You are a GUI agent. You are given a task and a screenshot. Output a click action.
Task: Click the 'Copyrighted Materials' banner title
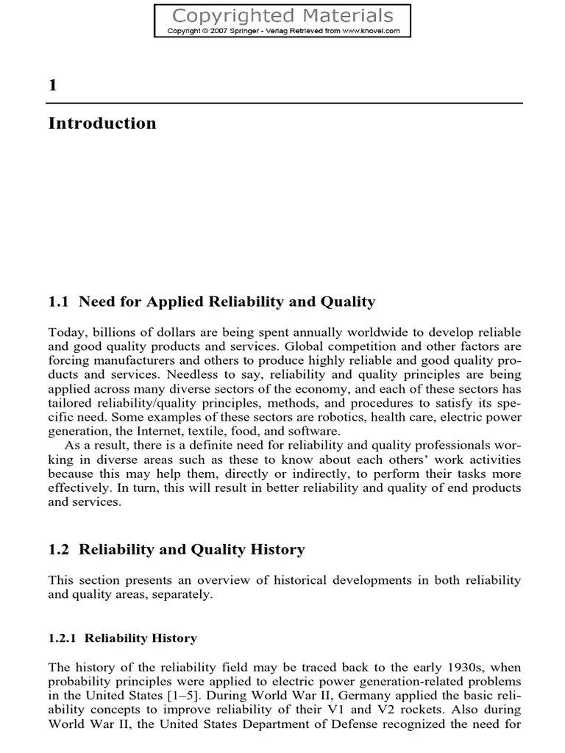coord(282,15)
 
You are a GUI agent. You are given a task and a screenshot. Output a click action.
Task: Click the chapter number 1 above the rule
coord(52,85)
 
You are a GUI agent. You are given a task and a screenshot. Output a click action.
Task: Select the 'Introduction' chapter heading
coord(102,124)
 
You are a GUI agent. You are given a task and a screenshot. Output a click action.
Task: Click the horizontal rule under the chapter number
coord(285,103)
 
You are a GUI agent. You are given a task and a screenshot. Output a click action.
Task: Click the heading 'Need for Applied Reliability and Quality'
coord(227,301)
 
